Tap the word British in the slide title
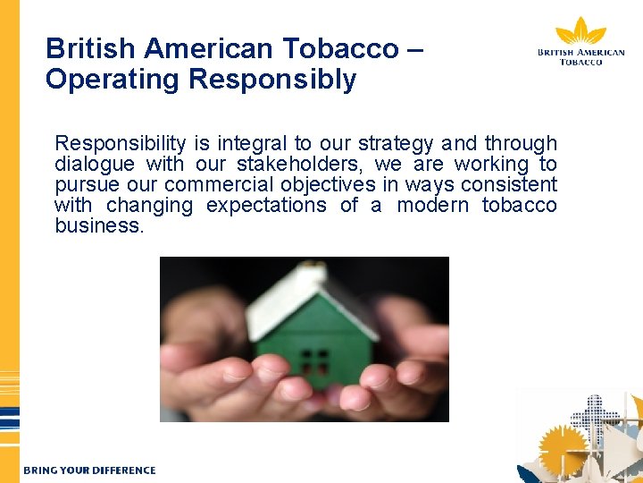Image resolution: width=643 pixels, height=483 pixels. (86, 47)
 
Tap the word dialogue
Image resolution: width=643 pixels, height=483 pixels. (94, 164)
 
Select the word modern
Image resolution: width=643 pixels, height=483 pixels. (432, 205)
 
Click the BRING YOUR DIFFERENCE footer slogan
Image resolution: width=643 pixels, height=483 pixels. (89, 470)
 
